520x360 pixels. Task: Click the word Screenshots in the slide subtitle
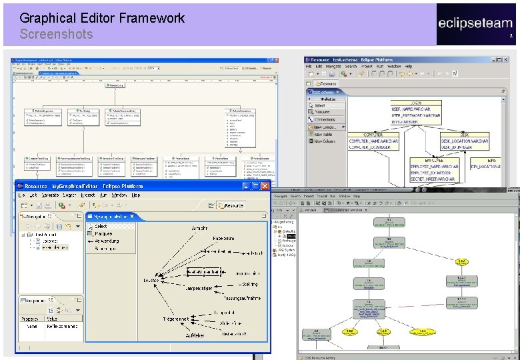coord(56,34)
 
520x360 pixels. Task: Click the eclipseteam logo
coord(475,23)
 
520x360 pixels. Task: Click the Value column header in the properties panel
coord(52,319)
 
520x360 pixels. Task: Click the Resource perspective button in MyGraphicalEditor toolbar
coord(229,206)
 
